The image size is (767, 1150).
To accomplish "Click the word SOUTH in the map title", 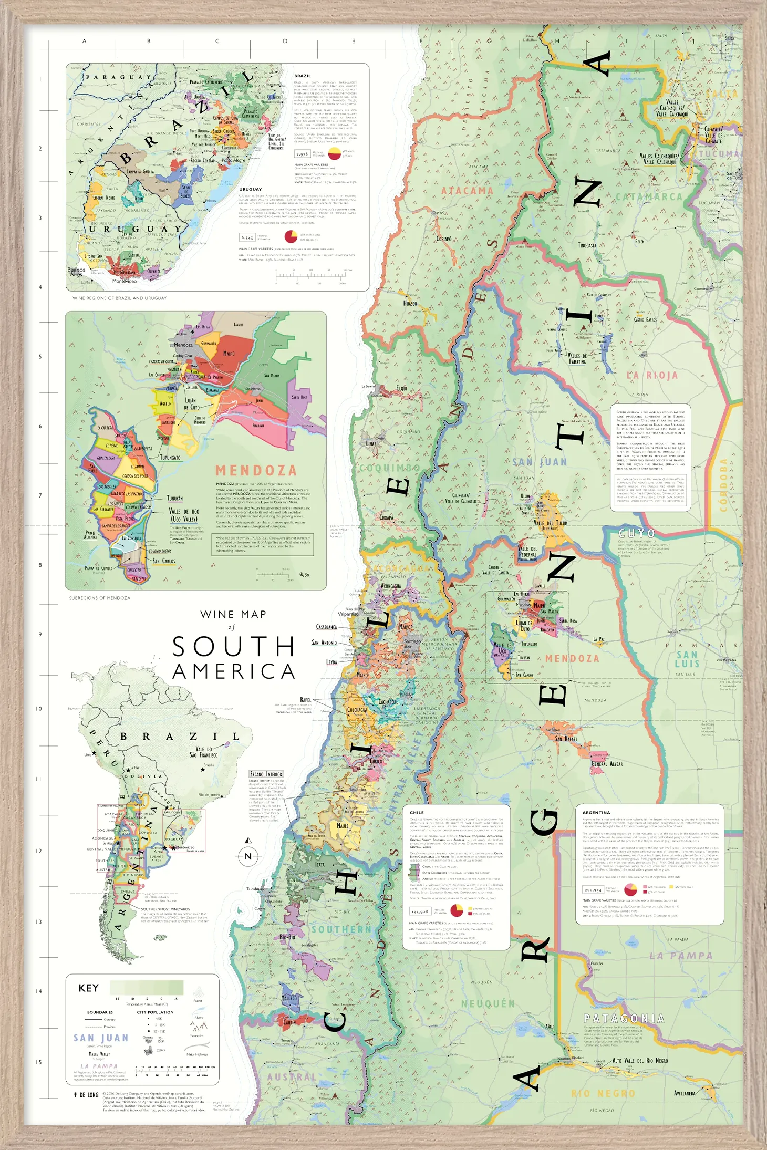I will point(234,646).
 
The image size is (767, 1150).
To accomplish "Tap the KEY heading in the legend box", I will point(89,988).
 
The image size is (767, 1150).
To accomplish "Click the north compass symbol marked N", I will point(248,856).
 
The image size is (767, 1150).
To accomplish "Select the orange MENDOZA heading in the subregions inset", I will point(256,470).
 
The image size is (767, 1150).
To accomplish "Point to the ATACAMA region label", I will point(467,191).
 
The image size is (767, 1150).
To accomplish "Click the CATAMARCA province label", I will point(649,197).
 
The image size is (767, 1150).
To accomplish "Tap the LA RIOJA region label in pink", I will point(652,376).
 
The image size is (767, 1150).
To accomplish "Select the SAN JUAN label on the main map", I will point(540,462).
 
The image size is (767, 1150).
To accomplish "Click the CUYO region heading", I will point(637,533).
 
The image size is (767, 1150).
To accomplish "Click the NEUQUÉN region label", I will point(488,1003).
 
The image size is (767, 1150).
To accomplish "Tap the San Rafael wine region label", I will point(566,739).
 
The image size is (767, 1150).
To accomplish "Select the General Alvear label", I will point(607,764).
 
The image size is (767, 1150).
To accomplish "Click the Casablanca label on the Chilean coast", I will point(326,627).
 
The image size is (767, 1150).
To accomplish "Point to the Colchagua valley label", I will point(357,709).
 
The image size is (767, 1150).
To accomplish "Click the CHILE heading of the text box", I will point(417,812).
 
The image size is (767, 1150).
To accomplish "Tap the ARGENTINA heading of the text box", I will point(596,812).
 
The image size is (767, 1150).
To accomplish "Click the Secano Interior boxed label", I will point(266,774).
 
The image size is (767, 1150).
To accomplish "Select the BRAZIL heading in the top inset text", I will point(303,76).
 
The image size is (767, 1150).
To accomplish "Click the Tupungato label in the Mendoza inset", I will point(170,458).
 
